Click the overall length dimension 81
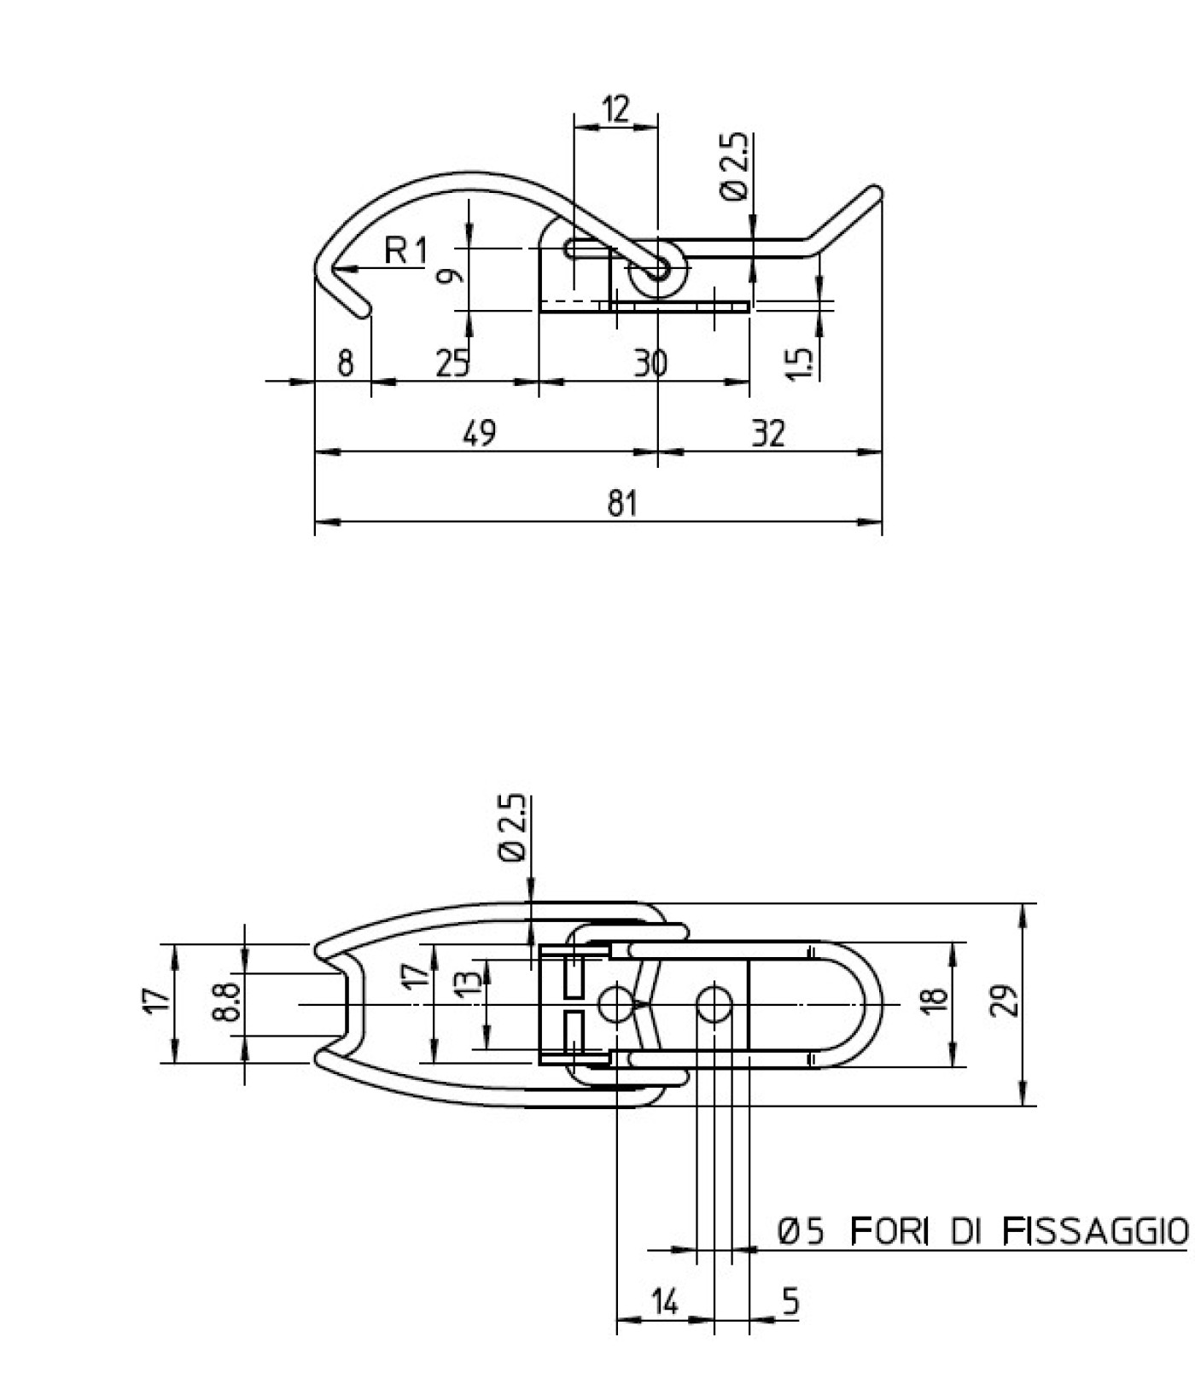click(x=622, y=504)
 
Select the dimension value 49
click(x=479, y=433)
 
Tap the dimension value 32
click(x=768, y=434)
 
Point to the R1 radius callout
click(x=405, y=251)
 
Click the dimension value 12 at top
click(x=615, y=109)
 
